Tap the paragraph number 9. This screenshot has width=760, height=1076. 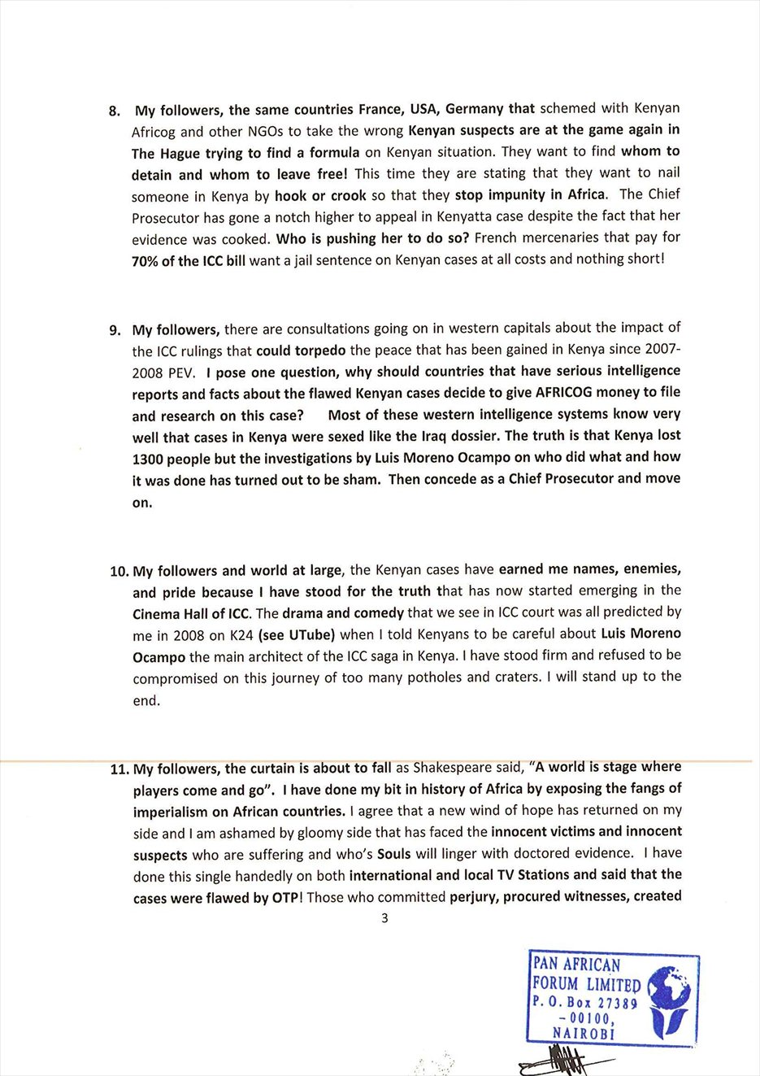pos(115,330)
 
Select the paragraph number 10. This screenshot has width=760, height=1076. pos(118,571)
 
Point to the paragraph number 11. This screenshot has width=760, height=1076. pos(119,769)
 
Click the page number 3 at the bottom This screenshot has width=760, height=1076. pos(384,918)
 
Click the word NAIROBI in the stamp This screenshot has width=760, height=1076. pos(584,1034)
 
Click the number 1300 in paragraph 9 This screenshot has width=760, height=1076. pos(149,458)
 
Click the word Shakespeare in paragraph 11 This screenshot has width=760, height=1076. pos(452,767)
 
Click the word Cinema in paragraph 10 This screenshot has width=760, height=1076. pos(156,613)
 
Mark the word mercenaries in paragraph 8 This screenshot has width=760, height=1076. pos(560,237)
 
